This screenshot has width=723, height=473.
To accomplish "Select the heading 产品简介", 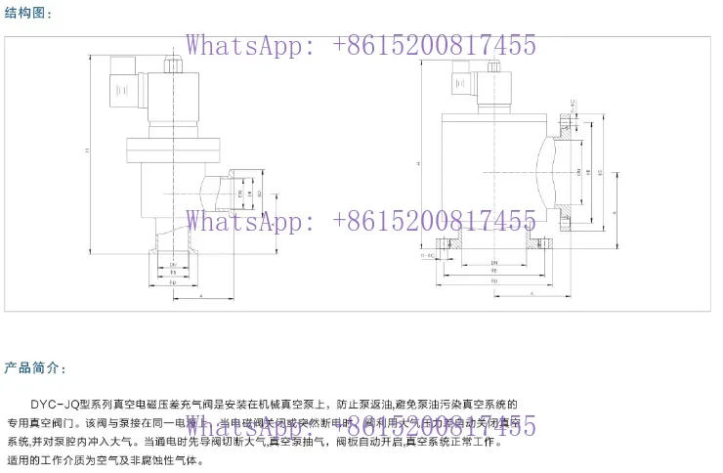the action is [x=35, y=368].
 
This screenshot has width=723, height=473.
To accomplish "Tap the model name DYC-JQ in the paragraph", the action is [x=58, y=404].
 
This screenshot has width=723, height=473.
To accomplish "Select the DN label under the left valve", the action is [x=173, y=265].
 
